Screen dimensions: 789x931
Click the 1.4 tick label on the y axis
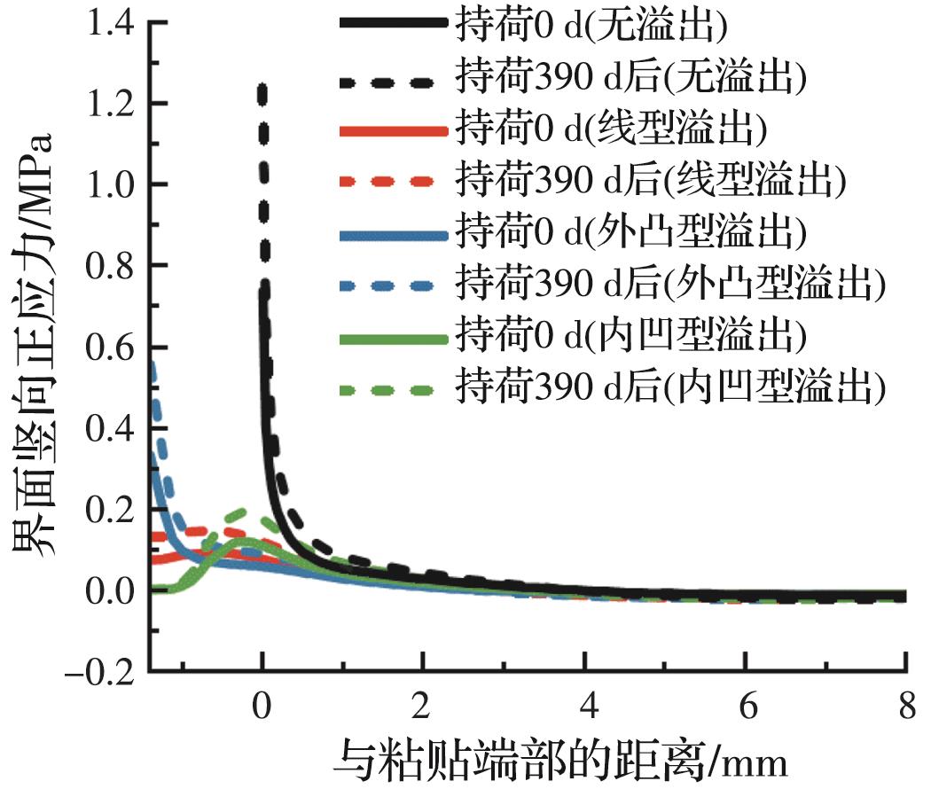tap(111, 24)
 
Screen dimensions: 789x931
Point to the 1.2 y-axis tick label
tap(111, 105)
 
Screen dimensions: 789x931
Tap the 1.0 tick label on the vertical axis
tap(111, 185)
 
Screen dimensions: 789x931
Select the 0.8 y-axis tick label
tap(111, 266)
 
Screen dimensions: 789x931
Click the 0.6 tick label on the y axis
tap(111, 347)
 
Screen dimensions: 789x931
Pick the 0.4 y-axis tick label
tap(111, 427)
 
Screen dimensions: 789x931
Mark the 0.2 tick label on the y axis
tap(111, 508)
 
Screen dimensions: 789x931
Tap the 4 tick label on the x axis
tap(583, 708)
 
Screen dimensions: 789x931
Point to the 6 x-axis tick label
tap(745, 708)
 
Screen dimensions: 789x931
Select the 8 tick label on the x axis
tap(905, 708)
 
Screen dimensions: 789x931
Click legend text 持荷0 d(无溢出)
tap(591, 24)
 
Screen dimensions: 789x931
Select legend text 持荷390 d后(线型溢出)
tap(646, 181)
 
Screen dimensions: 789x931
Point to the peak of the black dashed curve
tap(262, 87)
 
